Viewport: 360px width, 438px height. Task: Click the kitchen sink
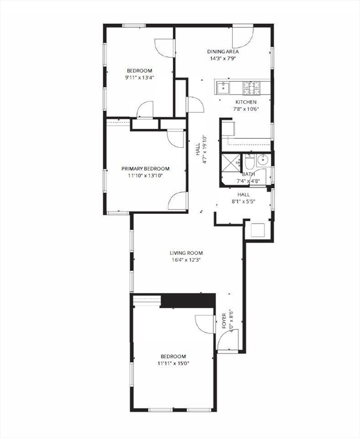223,88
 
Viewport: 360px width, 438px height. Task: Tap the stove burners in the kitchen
252,88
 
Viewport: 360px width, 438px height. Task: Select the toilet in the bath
249,161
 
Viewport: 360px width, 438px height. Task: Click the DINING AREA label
223,51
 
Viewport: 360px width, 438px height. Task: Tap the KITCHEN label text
246,102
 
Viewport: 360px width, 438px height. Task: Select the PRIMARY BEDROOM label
145,168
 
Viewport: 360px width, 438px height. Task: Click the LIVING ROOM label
186,253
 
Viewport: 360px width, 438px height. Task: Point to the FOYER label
224,322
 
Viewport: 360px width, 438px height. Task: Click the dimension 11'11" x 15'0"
173,363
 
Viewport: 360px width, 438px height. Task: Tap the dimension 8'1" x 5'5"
244,201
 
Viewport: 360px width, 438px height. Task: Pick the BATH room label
249,175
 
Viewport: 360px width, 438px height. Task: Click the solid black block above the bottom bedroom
187,301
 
